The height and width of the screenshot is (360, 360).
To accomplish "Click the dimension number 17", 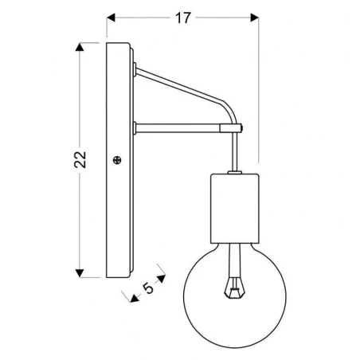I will pos(182,18).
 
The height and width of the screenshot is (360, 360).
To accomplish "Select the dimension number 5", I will pos(147,290).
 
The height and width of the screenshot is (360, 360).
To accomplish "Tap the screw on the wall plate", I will pos(118,160).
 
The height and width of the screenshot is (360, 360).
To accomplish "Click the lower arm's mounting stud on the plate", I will pos(139,126).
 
